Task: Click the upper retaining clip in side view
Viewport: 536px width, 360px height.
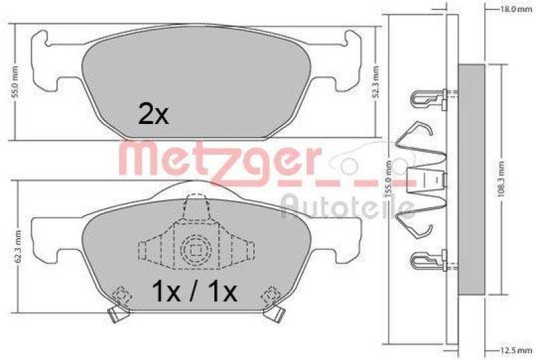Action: (x=429, y=98)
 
